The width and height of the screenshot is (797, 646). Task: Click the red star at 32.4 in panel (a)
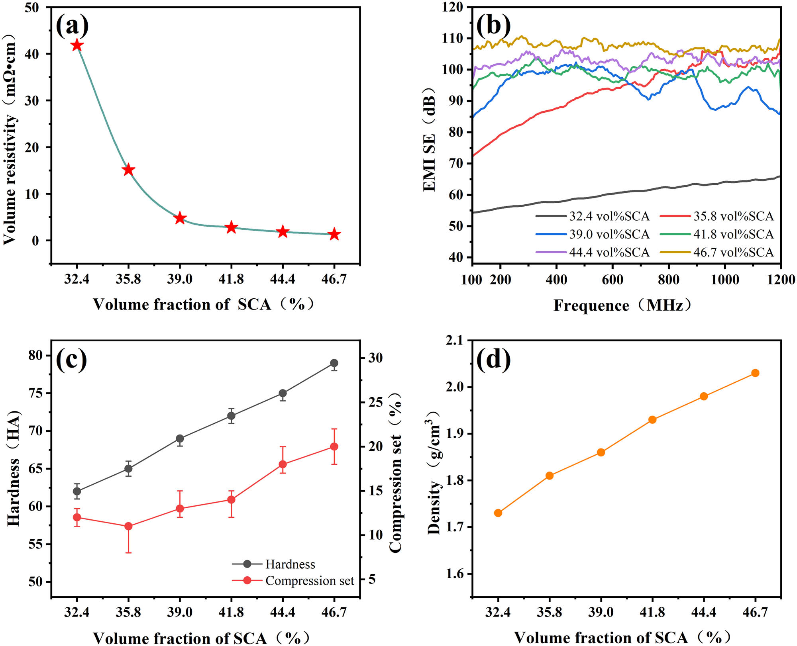(77, 45)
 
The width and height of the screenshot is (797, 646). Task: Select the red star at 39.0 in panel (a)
(180, 218)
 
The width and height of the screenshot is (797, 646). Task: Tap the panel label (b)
(493, 25)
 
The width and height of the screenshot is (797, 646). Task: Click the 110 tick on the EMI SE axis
(453, 38)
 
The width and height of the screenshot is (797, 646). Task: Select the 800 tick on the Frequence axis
(668, 280)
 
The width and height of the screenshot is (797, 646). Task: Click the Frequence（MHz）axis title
(622, 305)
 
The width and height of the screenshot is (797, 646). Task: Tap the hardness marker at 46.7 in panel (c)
(334, 363)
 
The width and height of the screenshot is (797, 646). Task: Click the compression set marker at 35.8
(128, 526)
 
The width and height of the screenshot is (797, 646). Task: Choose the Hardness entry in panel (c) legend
(290, 564)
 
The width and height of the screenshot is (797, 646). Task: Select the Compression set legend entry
(309, 581)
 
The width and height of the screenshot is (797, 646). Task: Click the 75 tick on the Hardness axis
(35, 393)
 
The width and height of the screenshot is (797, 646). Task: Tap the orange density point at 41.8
(652, 419)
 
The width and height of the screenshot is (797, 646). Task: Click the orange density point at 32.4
(498, 513)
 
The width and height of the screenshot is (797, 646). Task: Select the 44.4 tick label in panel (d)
(703, 612)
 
